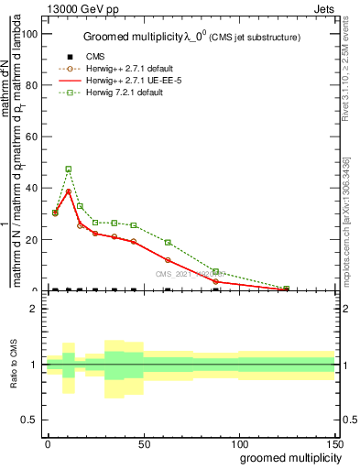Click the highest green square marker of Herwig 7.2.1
coord(69,169)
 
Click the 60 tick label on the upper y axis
coord(30,136)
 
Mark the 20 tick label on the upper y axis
coord(30,240)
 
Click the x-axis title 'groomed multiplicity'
coord(289,456)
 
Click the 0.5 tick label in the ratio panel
coord(29,420)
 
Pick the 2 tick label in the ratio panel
coord(34,309)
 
